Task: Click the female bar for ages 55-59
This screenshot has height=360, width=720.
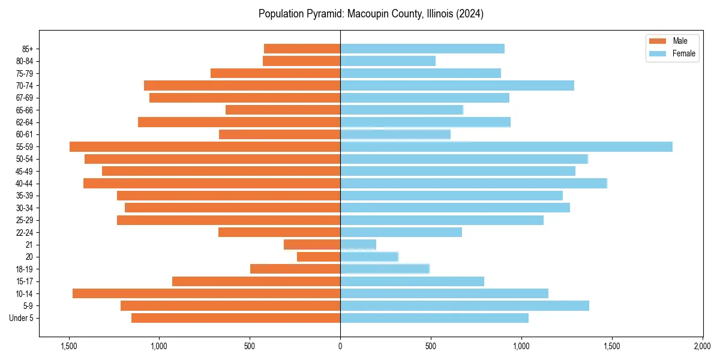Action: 506,147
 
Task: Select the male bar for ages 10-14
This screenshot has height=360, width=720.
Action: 206,293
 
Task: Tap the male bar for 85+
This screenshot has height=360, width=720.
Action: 302,49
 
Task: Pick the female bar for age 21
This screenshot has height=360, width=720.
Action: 358,245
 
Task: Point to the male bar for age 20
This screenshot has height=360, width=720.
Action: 319,257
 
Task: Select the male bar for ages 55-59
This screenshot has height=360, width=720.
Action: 205,147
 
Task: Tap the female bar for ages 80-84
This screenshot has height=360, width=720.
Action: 388,61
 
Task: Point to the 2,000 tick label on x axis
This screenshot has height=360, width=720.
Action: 702,346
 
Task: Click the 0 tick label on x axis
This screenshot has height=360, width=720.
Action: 340,346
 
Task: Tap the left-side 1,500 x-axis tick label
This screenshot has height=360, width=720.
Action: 69,346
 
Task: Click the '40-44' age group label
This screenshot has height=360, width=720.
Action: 25,184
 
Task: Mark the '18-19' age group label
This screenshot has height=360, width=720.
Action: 25,269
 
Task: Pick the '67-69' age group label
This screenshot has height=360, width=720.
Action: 25,98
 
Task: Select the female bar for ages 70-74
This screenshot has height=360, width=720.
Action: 457,86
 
